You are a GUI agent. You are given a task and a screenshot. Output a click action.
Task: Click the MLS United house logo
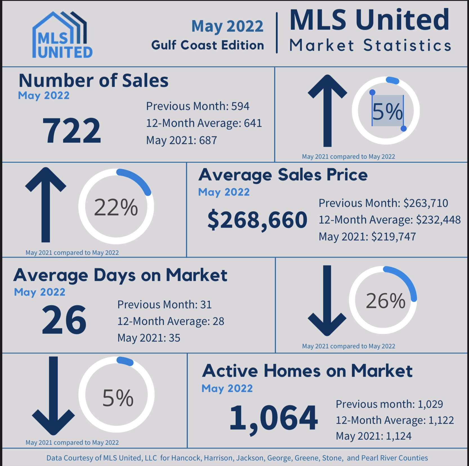tap(62, 35)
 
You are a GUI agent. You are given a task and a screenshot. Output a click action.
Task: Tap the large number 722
tap(72, 130)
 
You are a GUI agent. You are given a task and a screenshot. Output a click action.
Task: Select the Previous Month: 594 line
tap(198, 106)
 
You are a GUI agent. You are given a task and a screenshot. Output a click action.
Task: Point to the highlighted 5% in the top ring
tap(387, 112)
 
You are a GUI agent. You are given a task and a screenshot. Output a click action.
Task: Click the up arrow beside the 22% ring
tap(46, 204)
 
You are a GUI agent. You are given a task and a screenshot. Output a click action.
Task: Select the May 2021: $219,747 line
tap(367, 237)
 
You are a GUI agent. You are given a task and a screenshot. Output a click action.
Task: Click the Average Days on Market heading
tap(120, 275)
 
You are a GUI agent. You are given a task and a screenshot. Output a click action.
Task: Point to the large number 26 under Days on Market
tap(64, 320)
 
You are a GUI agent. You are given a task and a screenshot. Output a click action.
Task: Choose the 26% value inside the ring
tap(385, 301)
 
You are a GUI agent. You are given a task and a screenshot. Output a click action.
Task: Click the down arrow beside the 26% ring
tap(327, 301)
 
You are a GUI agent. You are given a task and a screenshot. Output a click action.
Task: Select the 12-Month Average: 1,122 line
tap(395, 420)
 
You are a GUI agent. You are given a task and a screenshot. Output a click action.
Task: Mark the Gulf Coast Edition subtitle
tap(207, 45)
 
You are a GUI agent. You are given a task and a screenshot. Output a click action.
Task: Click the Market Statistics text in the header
tap(370, 45)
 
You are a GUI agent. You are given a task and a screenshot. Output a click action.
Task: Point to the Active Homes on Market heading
tap(307, 371)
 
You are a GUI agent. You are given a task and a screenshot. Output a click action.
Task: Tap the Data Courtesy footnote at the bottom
tap(237, 458)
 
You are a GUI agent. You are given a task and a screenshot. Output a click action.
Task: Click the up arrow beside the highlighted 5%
tap(327, 110)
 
